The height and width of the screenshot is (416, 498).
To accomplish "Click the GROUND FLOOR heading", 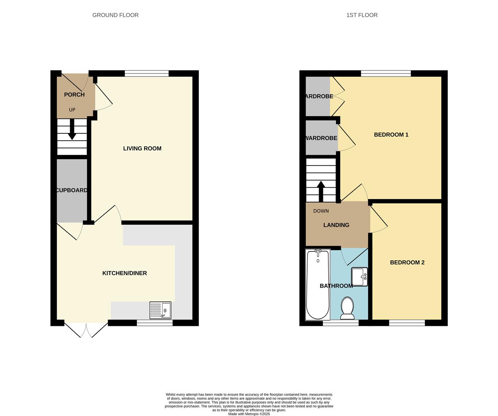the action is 115,15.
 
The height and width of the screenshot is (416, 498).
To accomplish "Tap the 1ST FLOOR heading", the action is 362,15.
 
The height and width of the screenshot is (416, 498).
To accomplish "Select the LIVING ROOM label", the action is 142,149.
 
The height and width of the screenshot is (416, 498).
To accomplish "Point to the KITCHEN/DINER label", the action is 124,273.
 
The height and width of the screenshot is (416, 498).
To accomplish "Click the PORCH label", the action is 74,95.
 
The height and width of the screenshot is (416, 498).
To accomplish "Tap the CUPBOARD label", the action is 72,190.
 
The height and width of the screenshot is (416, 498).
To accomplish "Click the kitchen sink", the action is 160,310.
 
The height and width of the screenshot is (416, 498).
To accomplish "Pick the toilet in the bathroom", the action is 347,308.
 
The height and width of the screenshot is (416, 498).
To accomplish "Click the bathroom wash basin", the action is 359,277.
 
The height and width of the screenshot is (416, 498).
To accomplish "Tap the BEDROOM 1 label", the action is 391,135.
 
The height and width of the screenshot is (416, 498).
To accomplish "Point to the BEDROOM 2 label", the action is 407,262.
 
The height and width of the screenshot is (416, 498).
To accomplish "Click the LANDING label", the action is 336,225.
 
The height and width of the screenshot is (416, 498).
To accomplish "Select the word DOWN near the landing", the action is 321,211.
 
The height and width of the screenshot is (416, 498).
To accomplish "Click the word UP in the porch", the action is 72,110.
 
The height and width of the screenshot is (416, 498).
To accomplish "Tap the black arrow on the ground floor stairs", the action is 72,129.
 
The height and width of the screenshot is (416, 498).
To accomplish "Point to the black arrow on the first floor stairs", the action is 321,191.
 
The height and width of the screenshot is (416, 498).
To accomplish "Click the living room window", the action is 147,74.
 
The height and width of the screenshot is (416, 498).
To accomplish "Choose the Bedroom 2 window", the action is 407,323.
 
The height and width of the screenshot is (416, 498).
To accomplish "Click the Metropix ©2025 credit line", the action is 249,414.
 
